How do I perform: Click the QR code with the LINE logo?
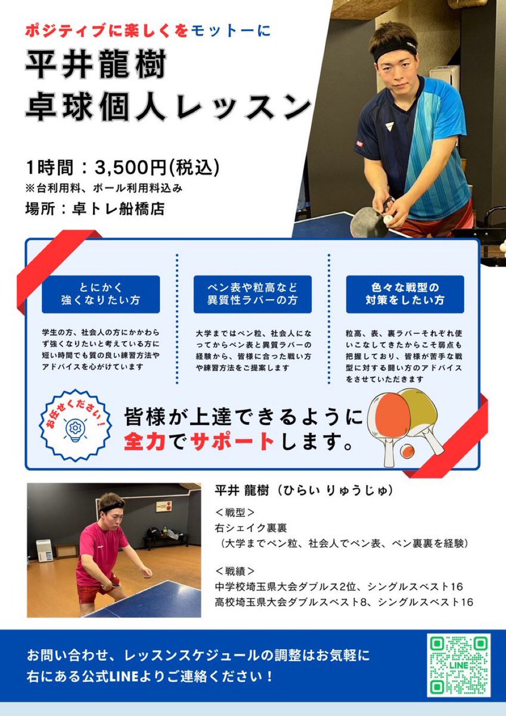[x=458, y=665]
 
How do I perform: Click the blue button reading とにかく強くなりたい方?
[x=101, y=294]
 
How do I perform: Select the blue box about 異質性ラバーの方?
[x=252, y=294]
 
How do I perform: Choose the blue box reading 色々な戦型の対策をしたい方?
[x=405, y=294]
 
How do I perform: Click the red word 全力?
[x=143, y=442]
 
